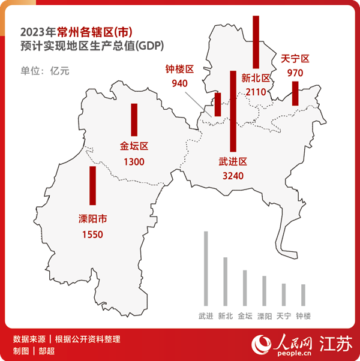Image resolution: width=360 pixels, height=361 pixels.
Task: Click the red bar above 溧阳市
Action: click(93, 186)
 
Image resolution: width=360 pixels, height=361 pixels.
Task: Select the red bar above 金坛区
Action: click(134, 120)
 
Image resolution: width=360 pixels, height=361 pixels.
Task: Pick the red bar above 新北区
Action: click(256, 42)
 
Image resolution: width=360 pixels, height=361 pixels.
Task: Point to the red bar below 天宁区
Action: click(295, 94)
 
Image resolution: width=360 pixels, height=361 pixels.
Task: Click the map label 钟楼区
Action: click(180, 70)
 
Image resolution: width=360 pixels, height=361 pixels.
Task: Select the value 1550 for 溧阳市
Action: click(93, 234)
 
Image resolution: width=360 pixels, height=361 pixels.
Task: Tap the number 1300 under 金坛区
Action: click(134, 161)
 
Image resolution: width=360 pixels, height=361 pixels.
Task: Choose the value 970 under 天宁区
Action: click(295, 73)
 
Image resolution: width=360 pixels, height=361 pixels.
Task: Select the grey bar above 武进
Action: click(206, 268)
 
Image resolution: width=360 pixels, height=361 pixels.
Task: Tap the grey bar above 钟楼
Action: click(303, 294)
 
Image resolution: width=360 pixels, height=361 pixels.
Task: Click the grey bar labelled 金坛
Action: click(245, 288)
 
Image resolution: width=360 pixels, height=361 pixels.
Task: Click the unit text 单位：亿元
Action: click(45, 71)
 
